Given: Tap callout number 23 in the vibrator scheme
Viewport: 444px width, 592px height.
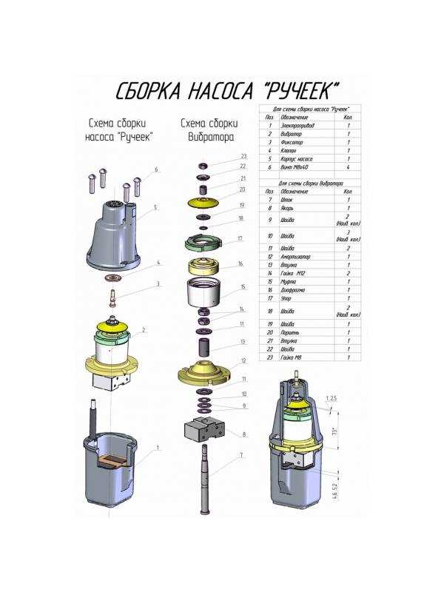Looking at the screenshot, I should (x=242, y=156).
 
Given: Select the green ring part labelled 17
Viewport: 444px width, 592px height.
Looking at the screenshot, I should (x=203, y=241).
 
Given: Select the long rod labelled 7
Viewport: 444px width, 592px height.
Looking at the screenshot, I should (x=204, y=481).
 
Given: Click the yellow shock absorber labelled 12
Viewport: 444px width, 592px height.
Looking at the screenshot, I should (x=204, y=370).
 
